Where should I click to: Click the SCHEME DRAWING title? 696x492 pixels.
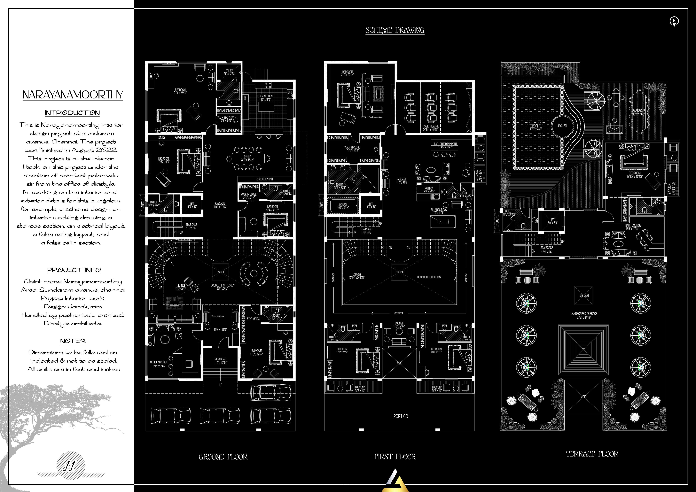click(395, 30)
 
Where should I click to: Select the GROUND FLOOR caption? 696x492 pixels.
click(223, 457)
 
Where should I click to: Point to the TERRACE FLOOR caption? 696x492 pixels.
click(592, 454)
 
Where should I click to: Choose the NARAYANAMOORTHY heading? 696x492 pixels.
click(73, 95)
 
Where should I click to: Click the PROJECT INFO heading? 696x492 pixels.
click(74, 270)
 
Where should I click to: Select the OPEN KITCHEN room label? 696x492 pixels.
click(265, 96)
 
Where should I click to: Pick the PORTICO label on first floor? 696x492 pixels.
click(400, 416)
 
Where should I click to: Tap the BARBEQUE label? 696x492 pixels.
click(639, 111)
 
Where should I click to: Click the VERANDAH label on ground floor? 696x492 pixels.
click(220, 359)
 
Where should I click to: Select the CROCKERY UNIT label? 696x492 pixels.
click(265, 179)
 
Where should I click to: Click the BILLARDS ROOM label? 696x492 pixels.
click(439, 210)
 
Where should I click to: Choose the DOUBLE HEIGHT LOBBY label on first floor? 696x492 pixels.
click(429, 277)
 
